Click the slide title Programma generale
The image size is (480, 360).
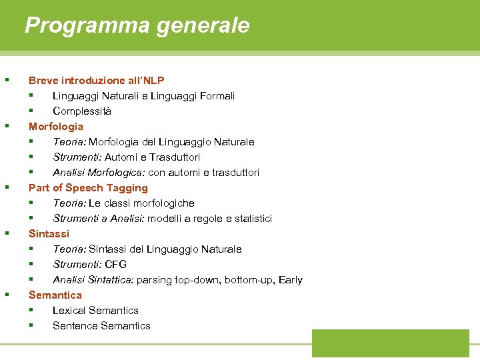137,25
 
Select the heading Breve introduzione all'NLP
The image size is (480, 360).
96,80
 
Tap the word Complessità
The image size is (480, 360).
82,111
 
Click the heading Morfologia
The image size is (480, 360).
56,126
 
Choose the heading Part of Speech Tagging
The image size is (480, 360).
88,187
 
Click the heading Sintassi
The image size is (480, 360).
49,233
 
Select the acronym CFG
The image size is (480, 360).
116,264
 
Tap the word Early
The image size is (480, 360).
290,279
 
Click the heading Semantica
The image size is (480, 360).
55,295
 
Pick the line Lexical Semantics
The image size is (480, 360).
95,310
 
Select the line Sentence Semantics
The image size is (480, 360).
101,325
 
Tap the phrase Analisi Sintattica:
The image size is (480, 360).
94,279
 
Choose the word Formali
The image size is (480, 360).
215,95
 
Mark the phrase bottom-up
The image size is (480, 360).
247,279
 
